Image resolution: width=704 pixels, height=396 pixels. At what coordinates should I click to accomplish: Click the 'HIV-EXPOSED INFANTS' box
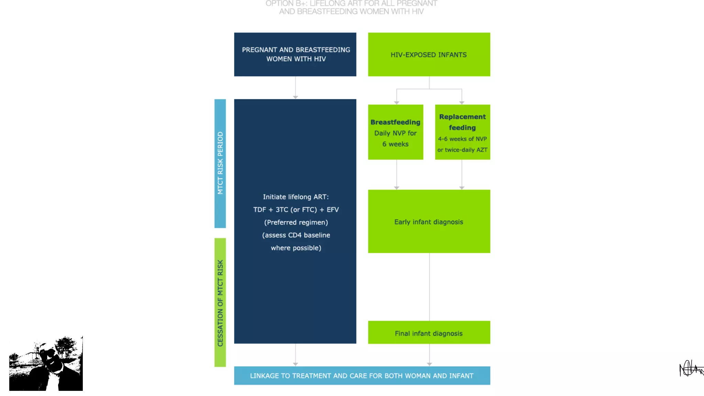click(x=429, y=55)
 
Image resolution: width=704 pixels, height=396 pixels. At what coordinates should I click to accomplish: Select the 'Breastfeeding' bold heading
click(x=395, y=122)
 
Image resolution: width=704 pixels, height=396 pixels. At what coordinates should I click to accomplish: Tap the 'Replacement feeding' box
click(x=462, y=132)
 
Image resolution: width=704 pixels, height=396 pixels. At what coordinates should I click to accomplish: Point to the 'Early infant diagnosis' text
click(x=429, y=222)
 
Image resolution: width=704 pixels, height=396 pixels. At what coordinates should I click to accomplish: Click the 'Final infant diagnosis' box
click(x=429, y=333)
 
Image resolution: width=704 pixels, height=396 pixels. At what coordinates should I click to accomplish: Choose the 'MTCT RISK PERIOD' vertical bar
click(x=220, y=163)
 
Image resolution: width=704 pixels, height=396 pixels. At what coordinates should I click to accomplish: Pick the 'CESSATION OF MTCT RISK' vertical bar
click(x=220, y=302)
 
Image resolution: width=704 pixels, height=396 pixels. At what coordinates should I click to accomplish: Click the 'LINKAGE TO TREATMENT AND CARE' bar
click(x=362, y=376)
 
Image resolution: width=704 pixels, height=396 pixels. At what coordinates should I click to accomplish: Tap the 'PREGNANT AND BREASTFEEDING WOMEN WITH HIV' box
click(x=295, y=54)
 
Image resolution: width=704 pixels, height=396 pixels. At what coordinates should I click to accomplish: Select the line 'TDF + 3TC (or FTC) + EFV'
click(x=296, y=210)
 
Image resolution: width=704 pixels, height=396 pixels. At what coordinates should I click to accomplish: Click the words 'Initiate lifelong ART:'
click(x=296, y=197)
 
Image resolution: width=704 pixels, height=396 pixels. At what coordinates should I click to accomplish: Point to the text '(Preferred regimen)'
click(x=296, y=222)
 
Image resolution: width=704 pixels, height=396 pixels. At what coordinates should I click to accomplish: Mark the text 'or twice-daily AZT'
click(x=462, y=150)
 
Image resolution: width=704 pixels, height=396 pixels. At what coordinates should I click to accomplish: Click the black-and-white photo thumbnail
click(x=46, y=364)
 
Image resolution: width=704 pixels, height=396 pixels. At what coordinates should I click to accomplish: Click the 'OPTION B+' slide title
click(x=351, y=8)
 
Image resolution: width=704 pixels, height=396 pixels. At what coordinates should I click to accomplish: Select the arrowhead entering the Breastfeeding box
click(x=397, y=102)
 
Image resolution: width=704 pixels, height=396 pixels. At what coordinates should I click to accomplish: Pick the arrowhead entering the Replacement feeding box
click(x=462, y=102)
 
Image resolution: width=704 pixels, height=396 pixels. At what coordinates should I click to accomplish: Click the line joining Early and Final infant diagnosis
click(x=429, y=287)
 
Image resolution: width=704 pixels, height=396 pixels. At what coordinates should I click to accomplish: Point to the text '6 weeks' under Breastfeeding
click(x=395, y=144)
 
